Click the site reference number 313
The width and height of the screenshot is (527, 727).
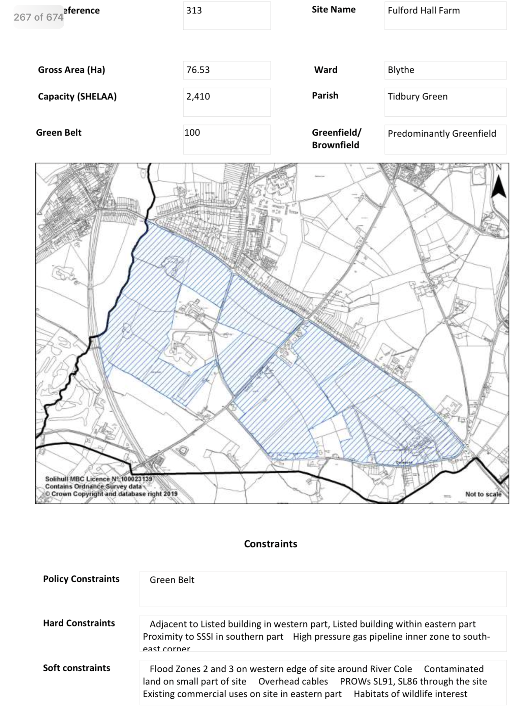[x=194, y=11]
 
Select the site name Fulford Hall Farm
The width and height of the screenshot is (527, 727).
[x=423, y=11]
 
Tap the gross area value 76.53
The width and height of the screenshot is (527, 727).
[x=198, y=70]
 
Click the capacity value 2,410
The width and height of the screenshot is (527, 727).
[x=198, y=96]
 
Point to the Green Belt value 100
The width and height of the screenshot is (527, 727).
[x=192, y=133]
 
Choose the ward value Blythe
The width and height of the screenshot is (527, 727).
[x=401, y=70]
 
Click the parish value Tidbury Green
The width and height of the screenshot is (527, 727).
[x=417, y=96]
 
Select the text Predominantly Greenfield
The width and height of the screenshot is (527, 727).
[x=441, y=134]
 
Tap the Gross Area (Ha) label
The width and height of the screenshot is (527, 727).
[x=71, y=70]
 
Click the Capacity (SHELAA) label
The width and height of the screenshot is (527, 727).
[x=77, y=96]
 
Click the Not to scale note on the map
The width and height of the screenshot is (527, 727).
[x=483, y=494]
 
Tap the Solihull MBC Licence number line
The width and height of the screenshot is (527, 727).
[x=98, y=479]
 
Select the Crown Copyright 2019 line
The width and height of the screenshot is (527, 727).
[x=111, y=494]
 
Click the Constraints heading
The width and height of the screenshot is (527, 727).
[x=271, y=544]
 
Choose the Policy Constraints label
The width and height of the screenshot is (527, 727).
[x=81, y=579]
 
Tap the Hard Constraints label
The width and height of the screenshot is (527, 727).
[x=79, y=623]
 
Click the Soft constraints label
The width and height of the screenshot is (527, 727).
[x=76, y=668]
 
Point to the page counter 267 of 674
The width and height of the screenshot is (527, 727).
[x=38, y=17]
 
